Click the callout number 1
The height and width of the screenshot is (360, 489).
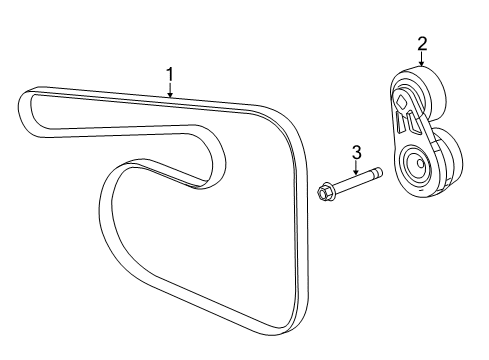(170, 73)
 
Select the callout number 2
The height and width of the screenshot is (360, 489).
(422, 43)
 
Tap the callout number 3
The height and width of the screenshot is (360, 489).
(355, 152)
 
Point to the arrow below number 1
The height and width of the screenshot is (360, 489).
(170, 91)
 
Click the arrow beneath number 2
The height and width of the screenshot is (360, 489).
(422, 60)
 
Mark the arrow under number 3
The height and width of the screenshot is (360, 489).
(355, 170)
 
